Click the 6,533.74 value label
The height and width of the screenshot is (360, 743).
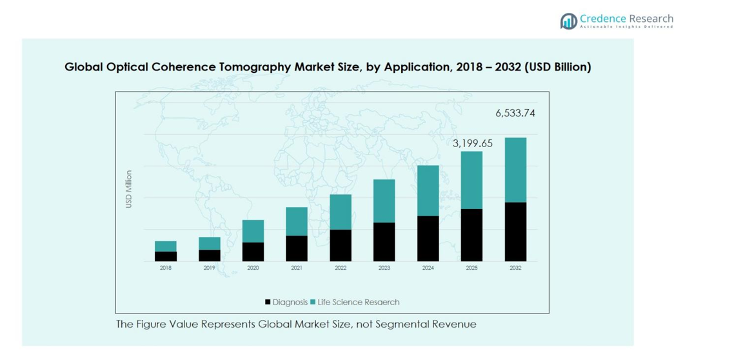515,114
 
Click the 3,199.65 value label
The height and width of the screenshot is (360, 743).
472,143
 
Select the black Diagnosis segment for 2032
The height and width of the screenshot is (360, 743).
515,232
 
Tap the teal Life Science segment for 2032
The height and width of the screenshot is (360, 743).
515,170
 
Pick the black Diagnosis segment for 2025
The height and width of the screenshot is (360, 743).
471,235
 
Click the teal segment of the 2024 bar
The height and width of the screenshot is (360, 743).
428,190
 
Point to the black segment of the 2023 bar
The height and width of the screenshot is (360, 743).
384,242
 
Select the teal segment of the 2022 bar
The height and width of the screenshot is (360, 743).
341,212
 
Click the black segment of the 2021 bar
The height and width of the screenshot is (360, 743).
297,248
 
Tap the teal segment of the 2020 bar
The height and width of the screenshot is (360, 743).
253,231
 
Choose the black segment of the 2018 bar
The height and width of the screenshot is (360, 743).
166,256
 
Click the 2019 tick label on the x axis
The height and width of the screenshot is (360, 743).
209,268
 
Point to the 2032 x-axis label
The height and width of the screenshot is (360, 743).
515,268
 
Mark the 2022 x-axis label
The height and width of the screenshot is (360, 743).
341,268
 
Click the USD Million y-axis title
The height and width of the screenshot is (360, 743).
129,189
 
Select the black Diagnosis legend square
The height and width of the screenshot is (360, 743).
268,302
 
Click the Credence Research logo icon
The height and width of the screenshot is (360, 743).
568,21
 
